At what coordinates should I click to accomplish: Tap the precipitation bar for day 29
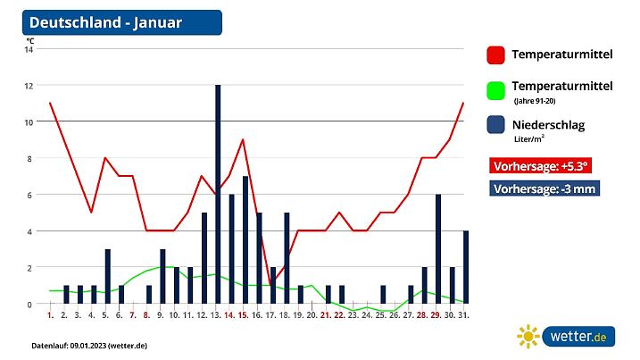coord(437,249)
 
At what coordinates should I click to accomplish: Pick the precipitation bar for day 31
coord(465,267)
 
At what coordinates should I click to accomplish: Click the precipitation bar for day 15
coord(245,240)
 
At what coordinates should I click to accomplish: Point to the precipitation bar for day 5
coord(108,277)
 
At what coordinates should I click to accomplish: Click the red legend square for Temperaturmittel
coord(496,55)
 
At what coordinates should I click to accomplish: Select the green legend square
coord(496,91)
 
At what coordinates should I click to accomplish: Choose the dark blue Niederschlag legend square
coord(496,126)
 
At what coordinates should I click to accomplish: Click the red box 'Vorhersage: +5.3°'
coord(539,165)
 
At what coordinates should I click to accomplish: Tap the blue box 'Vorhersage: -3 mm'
coord(544,188)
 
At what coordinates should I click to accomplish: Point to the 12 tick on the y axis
coord(29,86)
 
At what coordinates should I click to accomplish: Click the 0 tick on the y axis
coord(30,304)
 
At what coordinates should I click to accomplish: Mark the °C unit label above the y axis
coord(29,40)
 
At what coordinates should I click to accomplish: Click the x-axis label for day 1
coord(50,315)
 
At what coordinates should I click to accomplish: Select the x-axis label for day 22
coord(340,315)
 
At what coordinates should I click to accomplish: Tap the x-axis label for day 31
coord(464,315)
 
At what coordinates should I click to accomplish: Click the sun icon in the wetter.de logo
coord(528,336)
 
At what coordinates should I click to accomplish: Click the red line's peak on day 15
coord(243,139)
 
